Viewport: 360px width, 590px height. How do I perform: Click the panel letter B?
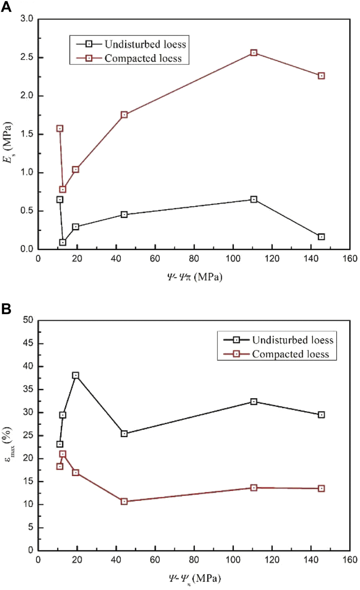6,309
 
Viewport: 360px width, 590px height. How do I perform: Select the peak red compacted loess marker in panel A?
254,53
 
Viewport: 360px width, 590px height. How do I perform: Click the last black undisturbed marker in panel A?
321,237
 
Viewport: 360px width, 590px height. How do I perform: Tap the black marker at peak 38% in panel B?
75,375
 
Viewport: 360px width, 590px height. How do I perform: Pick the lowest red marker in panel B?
124,502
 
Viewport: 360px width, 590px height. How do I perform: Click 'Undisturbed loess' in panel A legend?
145,44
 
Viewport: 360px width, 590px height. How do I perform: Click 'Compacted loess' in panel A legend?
143,58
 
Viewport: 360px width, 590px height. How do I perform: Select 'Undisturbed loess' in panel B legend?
292,340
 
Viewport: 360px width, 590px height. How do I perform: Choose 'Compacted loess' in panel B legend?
291,354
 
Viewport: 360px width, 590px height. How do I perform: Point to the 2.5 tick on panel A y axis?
27,57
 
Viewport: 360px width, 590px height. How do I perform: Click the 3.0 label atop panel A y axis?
27,18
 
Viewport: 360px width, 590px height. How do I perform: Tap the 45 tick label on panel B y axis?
28,343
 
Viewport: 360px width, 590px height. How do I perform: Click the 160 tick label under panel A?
350,258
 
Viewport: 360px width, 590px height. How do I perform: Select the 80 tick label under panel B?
194,560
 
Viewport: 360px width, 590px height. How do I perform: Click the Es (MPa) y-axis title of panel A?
8,142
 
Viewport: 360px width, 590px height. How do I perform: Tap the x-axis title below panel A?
195,277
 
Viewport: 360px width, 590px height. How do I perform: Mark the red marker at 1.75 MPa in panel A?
124,115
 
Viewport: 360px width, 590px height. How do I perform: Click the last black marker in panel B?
321,415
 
